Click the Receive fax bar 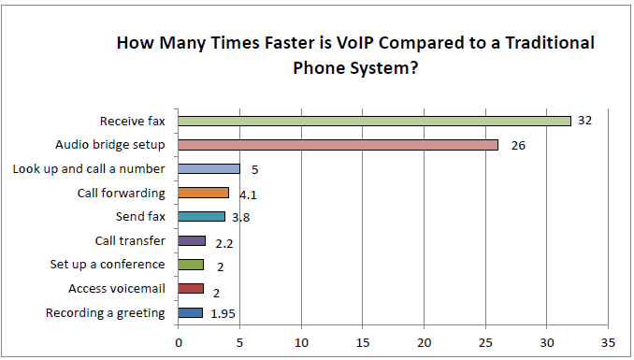click(374, 121)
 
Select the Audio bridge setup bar click(338, 145)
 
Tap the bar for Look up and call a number click(209, 169)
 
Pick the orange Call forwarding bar click(203, 194)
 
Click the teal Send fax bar click(201, 217)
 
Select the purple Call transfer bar click(192, 241)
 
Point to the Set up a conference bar click(191, 265)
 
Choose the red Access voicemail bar click(191, 289)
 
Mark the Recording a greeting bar click(190, 313)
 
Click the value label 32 click(585, 121)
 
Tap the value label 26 click(518, 145)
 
